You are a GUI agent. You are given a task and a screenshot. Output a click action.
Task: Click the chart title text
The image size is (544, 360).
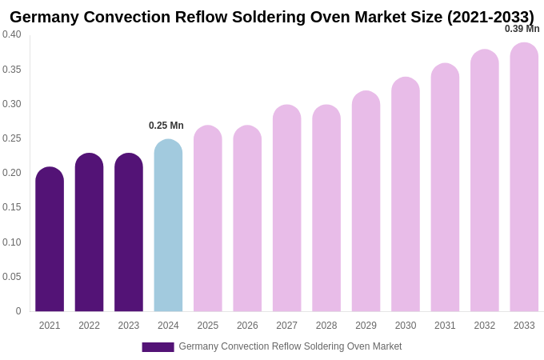[x=272, y=17]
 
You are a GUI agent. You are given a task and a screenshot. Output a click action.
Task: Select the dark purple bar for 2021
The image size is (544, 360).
[x=50, y=240]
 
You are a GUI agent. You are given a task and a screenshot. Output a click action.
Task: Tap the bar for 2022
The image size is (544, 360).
[x=89, y=233]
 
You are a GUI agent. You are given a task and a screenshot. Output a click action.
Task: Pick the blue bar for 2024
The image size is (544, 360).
[x=168, y=226]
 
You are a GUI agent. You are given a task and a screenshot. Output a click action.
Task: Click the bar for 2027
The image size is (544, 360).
[x=286, y=209]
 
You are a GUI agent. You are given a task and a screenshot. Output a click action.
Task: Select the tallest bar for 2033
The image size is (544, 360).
[x=524, y=178]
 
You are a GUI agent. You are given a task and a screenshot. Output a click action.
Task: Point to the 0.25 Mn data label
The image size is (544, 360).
[x=166, y=126]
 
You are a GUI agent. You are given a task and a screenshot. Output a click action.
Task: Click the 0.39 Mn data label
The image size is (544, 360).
[x=522, y=29]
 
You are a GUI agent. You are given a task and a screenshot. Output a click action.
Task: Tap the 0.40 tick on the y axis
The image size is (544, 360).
[x=12, y=34]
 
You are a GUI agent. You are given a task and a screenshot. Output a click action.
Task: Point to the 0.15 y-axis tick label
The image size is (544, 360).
[x=12, y=207]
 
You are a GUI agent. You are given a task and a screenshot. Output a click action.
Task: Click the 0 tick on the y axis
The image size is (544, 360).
[x=18, y=311]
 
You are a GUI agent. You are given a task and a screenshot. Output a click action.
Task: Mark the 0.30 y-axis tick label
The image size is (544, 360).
[x=12, y=104]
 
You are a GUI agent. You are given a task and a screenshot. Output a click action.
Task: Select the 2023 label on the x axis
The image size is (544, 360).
[x=129, y=326]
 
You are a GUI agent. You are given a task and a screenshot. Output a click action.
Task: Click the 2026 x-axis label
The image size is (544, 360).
[x=247, y=326]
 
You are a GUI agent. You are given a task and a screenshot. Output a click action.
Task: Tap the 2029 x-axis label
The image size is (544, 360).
[x=366, y=326]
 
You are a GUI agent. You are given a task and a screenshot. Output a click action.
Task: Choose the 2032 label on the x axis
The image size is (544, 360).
[x=485, y=326]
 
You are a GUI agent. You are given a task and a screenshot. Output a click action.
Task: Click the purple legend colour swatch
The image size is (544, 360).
[x=158, y=347]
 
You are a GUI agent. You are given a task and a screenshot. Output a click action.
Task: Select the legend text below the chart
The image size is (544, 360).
[x=290, y=346]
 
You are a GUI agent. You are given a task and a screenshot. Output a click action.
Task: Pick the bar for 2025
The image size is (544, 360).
[x=208, y=219]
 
